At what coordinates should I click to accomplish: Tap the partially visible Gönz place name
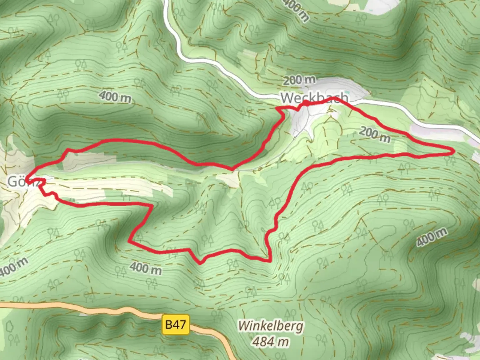pos(22,182)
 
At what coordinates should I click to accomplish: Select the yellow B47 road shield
pos(176,324)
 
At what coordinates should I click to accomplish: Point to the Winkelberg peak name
pos(270,326)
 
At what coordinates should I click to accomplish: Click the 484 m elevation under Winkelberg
pos(270,342)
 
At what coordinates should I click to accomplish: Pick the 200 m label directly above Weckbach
pos(299,80)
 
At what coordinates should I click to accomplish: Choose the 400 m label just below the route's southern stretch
pos(145,268)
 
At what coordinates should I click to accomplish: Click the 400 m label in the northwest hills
pos(115,97)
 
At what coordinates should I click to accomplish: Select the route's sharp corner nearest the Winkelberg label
pos(269,261)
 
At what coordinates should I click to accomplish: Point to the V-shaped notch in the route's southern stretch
pos(200,263)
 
